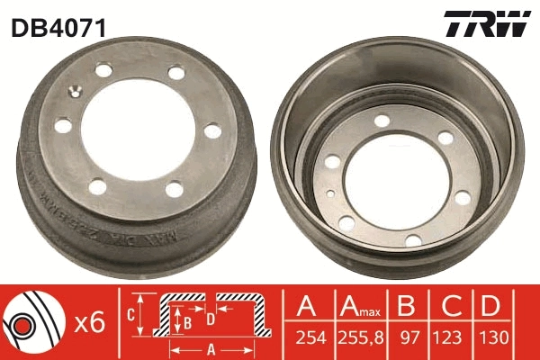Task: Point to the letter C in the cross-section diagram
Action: pos(131,315)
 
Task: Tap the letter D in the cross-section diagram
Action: pos(209,318)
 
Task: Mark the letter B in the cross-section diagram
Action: pos(187,319)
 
